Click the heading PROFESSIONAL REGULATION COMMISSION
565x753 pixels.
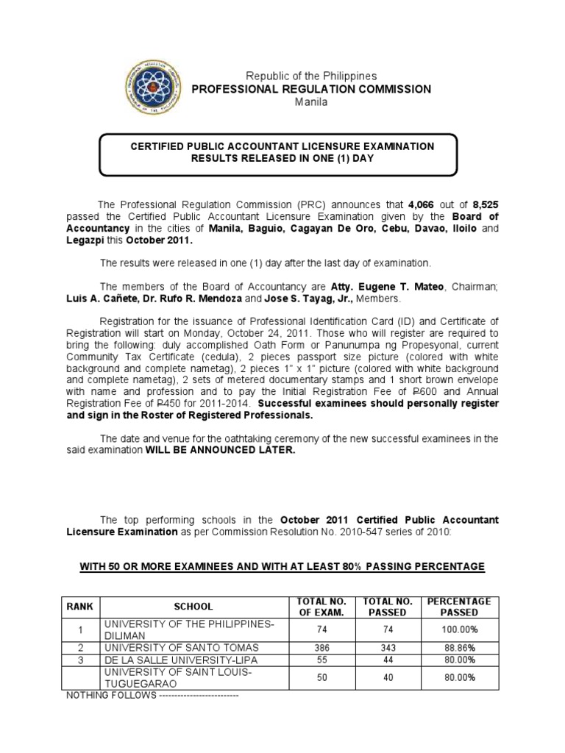311,89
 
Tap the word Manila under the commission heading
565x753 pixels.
310,102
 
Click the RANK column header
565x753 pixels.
81,607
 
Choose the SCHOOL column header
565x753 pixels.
193,607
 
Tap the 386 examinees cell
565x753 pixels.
322,647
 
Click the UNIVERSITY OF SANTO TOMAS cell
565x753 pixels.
181,647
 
